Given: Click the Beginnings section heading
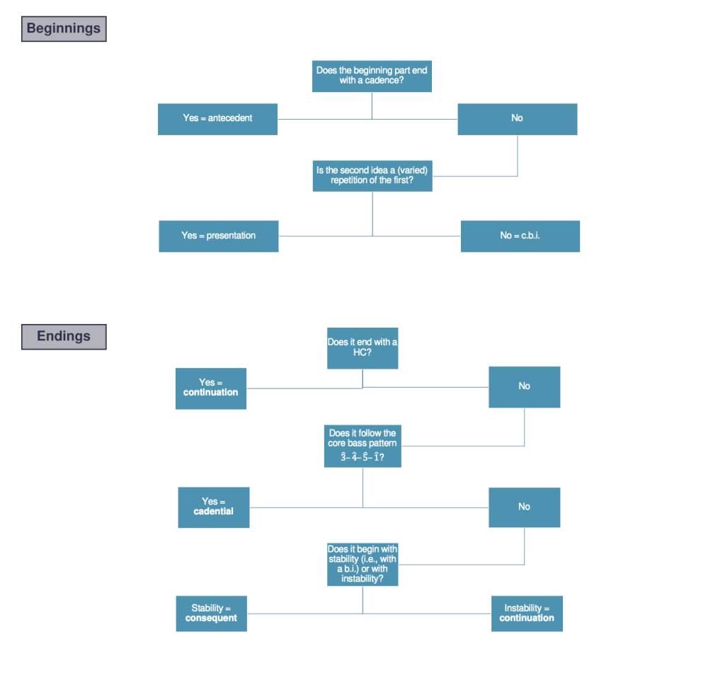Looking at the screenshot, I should (x=64, y=29).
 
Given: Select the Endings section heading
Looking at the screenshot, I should (x=64, y=337).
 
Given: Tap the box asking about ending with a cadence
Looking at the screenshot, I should (x=372, y=76).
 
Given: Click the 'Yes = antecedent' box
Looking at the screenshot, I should (x=217, y=119).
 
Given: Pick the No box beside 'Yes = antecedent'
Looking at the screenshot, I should (x=517, y=119).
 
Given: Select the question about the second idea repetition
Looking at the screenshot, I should (x=372, y=175).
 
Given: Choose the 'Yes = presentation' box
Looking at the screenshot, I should (x=218, y=236).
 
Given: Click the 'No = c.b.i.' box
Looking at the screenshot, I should (x=520, y=236).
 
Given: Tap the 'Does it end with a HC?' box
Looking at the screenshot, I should (x=362, y=347).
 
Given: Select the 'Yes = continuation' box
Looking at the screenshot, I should (x=211, y=388).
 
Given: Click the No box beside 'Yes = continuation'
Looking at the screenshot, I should (x=524, y=386).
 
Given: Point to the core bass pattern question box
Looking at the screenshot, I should (x=362, y=445).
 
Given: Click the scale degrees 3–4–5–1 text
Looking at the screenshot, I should (x=362, y=457).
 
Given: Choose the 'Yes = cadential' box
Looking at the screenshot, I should (x=213, y=507).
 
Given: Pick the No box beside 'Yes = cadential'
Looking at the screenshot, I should (x=524, y=507).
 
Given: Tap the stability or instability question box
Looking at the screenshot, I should (x=362, y=564).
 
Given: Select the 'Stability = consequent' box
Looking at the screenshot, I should (x=211, y=613).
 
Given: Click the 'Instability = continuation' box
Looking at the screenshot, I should (x=527, y=613).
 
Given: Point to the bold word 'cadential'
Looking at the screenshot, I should (x=213, y=512).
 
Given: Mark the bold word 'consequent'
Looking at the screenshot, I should (x=211, y=618).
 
